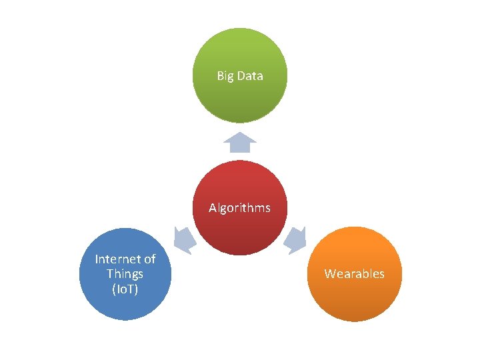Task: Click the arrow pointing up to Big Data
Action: (x=240, y=142)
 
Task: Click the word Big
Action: (x=225, y=76)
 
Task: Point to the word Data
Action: (x=250, y=76)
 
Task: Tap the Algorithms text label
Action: (x=239, y=208)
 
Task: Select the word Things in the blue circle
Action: (x=125, y=274)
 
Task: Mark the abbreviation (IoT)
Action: (x=125, y=289)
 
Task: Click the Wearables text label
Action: (x=354, y=274)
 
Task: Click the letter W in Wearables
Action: (x=329, y=274)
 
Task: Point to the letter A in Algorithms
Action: (x=213, y=208)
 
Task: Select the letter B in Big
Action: (x=220, y=76)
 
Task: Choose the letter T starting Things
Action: (x=109, y=274)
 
